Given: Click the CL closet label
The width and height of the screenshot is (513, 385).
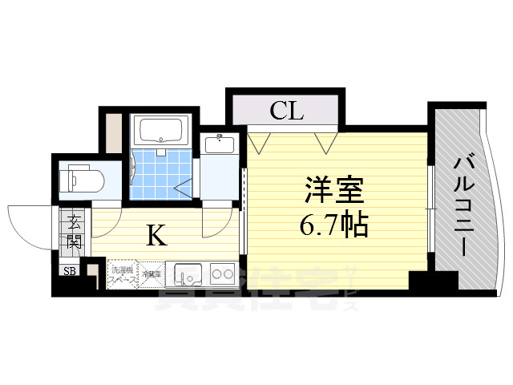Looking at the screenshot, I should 286,111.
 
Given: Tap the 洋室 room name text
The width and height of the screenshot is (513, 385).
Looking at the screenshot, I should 333,192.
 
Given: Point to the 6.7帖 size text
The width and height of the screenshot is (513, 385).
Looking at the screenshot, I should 333,225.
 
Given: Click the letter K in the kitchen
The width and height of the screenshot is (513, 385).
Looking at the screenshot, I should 156,235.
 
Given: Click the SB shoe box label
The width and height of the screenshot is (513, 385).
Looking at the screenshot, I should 70,271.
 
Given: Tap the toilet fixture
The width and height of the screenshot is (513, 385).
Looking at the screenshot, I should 81,178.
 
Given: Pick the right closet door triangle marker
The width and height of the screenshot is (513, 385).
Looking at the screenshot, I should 325,143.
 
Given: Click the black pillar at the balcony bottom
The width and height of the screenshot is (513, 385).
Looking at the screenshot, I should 432,282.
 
